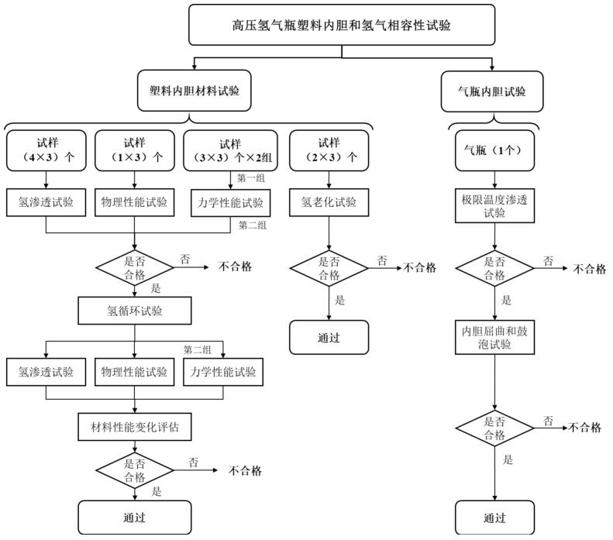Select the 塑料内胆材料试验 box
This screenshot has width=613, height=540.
[195, 91]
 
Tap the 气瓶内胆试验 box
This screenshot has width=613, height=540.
[493, 91]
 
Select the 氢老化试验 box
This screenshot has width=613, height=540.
[329, 203]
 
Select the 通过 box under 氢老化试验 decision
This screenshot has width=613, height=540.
[329, 338]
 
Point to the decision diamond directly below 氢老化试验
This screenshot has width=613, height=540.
[329, 268]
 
